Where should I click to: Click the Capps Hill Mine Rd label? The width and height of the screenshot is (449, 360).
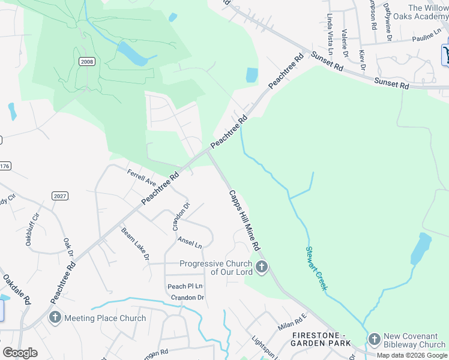pos(244,220)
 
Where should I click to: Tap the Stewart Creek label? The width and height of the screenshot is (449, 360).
pos(316,268)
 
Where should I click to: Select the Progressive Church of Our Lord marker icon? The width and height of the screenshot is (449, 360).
pos(261,268)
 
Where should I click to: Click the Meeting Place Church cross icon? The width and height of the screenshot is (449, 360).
pos(55,318)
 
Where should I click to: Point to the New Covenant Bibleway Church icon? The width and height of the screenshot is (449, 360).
pos(375,340)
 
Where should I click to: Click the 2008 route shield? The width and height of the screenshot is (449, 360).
pos(86,61)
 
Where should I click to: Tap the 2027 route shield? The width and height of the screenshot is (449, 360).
pos(59,196)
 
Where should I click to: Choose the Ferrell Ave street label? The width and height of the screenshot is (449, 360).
pos(141,177)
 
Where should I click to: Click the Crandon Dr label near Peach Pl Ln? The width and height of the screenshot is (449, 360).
pos(187,298)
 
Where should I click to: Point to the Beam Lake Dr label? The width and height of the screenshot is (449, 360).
pos(135,244)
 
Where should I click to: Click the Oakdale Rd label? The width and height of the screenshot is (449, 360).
pos(17,289)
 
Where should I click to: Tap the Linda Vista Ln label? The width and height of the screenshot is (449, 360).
pos(330,35)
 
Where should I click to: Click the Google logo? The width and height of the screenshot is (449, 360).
pos(20,353)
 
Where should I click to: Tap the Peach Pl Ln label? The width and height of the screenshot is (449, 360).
pos(185,286)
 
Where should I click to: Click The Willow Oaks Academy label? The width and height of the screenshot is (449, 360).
pos(428,12)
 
